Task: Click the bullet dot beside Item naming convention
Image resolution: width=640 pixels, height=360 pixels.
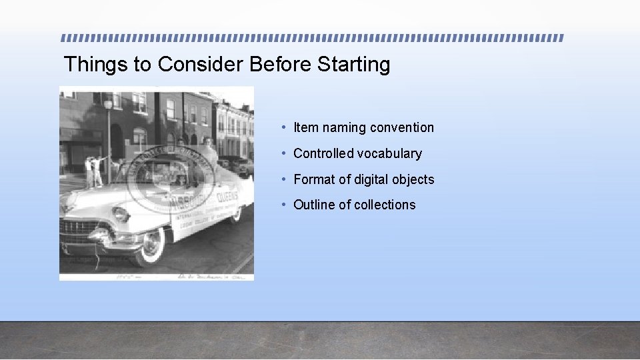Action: (284, 127)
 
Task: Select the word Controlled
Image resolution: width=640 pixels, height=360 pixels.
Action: (323, 153)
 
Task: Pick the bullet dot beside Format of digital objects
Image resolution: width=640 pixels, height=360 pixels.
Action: (284, 179)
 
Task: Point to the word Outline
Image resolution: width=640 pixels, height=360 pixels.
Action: (314, 205)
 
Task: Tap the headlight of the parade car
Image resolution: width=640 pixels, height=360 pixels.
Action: (120, 215)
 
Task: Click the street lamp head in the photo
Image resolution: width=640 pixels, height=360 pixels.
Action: (108, 105)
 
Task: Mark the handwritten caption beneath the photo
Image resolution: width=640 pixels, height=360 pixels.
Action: (200, 275)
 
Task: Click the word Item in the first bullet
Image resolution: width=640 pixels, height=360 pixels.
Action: (305, 127)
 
